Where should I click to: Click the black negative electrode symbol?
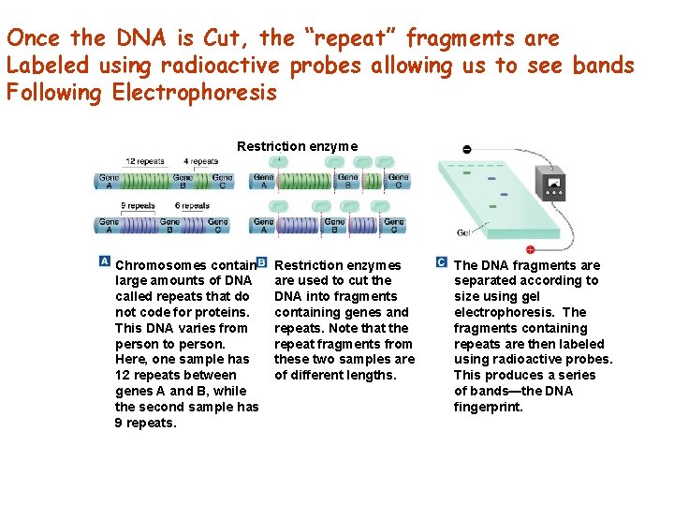click(467, 150)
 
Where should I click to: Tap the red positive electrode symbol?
click(530, 249)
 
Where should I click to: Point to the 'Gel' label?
click(463, 232)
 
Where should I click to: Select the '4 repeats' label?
click(200, 162)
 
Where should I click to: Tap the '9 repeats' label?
click(138, 206)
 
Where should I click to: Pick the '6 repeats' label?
click(193, 206)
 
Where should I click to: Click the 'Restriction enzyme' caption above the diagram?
click(297, 146)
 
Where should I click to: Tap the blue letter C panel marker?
click(441, 261)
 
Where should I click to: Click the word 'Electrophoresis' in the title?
click(195, 93)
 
